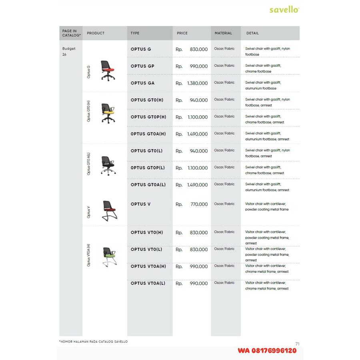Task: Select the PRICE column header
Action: click(x=182, y=33)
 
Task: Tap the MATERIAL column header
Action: click(x=223, y=33)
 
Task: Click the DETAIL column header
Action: click(x=252, y=33)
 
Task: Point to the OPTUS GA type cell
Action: click(x=142, y=83)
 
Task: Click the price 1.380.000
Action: click(x=197, y=83)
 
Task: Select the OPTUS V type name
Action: click(x=141, y=204)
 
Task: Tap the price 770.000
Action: click(x=199, y=204)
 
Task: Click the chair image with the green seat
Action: click(x=109, y=256)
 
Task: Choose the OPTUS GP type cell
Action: click(x=142, y=66)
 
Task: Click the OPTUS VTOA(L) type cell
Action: click(x=148, y=283)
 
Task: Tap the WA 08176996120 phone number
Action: click(x=267, y=350)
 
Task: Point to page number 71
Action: click(x=297, y=344)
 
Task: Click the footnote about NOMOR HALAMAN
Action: click(x=93, y=342)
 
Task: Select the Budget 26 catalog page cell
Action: click(x=69, y=52)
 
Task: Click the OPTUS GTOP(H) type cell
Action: click(x=148, y=117)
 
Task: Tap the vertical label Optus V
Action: click(x=88, y=212)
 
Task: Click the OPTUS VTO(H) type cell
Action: click(x=147, y=232)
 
